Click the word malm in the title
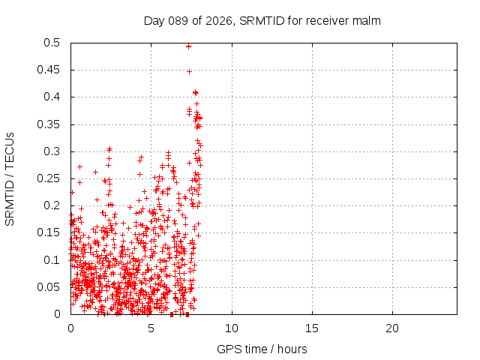[367, 21]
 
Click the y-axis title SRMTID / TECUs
[10, 178]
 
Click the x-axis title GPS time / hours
[262, 349]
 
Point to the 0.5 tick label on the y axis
[53, 43]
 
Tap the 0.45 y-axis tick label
[50, 70]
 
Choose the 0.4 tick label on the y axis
[53, 97]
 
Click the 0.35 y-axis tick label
[50, 124]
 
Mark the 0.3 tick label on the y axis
[53, 151]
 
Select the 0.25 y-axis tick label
[50, 178]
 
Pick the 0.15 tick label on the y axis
[50, 232]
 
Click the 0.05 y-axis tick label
[50, 286]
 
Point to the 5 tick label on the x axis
[151, 328]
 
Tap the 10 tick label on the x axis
[232, 328]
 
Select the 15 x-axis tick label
[312, 328]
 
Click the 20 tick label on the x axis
[392, 328]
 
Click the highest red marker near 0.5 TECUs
[188, 46]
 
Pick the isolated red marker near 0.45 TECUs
[189, 71]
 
